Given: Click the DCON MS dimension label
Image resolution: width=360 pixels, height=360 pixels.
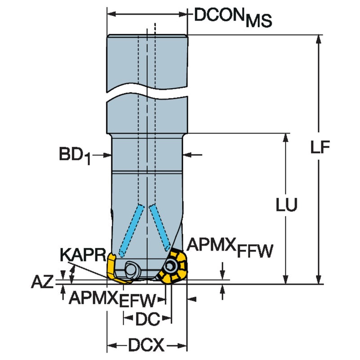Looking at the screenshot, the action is [233, 18].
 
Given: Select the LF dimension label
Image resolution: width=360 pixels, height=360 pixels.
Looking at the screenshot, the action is [320, 147].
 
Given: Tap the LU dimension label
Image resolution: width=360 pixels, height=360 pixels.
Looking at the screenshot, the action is [286, 204].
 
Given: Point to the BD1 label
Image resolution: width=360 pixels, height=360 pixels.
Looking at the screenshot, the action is [75, 156].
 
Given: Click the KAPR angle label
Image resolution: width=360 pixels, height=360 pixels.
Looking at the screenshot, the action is [83, 255].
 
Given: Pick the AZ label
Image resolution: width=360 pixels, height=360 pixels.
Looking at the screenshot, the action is [42, 282].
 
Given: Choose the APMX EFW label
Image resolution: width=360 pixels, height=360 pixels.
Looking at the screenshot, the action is [112, 300].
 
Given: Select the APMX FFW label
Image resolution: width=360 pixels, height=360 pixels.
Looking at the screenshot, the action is [229, 247].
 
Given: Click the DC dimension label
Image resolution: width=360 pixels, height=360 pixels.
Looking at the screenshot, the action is [148, 319].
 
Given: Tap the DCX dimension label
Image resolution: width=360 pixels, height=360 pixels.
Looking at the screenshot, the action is [146, 345].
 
